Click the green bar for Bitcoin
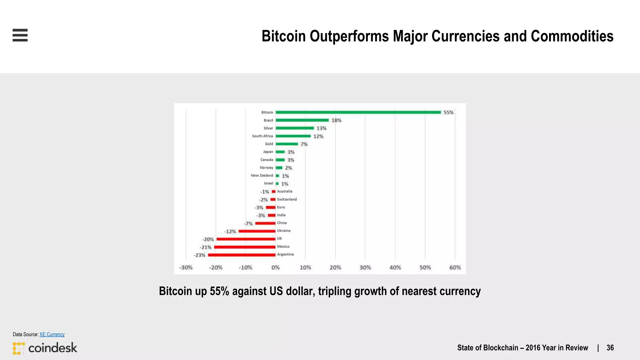[358, 112]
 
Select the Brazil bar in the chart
[302, 120]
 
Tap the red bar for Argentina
[242, 255]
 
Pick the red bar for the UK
[246, 239]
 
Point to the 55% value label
[448, 112]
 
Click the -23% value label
[199, 255]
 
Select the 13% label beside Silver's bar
[321, 128]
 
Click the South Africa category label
[262, 136]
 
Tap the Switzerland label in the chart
[287, 199]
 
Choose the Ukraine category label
[284, 231]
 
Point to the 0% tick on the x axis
[275, 267]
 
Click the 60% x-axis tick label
[455, 267]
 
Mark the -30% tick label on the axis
[186, 267]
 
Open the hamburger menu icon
[20, 35]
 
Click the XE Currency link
[52, 334]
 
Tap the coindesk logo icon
[18, 348]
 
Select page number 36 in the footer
[610, 348]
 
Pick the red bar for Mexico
[245, 247]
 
